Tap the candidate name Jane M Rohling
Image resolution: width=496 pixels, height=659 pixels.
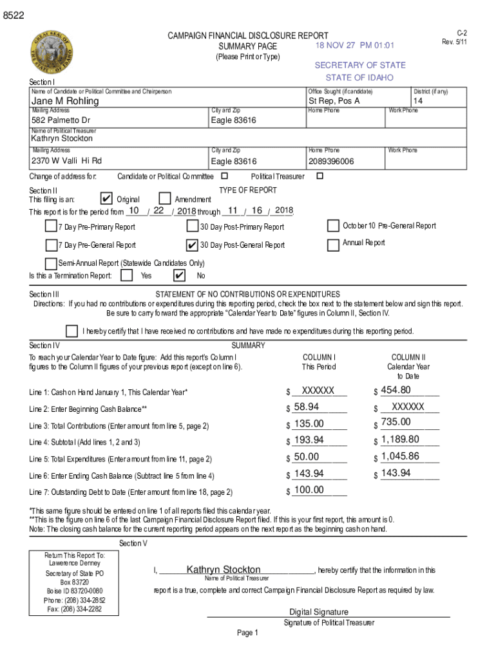[x=66, y=101]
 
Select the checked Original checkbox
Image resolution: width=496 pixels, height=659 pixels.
[x=108, y=199]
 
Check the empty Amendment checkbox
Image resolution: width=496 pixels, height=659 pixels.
[x=165, y=199]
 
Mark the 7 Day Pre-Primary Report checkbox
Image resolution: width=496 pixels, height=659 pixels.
[x=50, y=226]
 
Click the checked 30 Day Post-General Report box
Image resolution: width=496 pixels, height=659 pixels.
[x=191, y=245]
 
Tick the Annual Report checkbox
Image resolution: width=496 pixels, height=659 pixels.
[x=333, y=245]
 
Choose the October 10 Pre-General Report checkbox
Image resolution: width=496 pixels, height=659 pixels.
[x=333, y=226]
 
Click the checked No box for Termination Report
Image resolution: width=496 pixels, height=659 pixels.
[x=180, y=276]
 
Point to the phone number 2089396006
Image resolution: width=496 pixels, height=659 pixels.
[x=331, y=162]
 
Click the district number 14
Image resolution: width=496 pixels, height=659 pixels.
[x=418, y=101]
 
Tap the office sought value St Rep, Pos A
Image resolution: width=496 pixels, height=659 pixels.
[x=334, y=101]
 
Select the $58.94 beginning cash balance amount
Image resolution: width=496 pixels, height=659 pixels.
[x=306, y=407]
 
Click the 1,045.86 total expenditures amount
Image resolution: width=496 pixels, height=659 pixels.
[x=400, y=456]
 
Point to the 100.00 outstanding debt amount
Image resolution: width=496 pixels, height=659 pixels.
[x=309, y=490]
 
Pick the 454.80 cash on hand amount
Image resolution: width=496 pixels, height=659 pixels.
[x=396, y=390]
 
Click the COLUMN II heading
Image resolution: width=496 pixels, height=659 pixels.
[x=408, y=357]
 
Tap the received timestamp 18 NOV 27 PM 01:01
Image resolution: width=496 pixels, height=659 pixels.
[x=355, y=46]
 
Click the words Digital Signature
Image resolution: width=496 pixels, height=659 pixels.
[x=319, y=612]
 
